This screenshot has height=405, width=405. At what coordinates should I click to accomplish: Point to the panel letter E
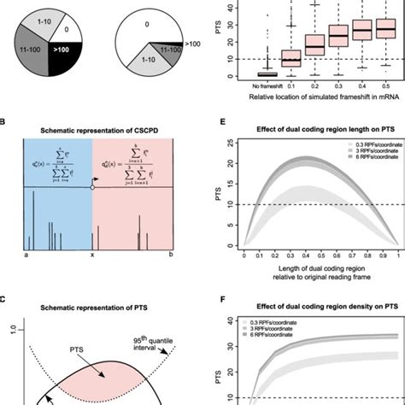coord(214,122)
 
